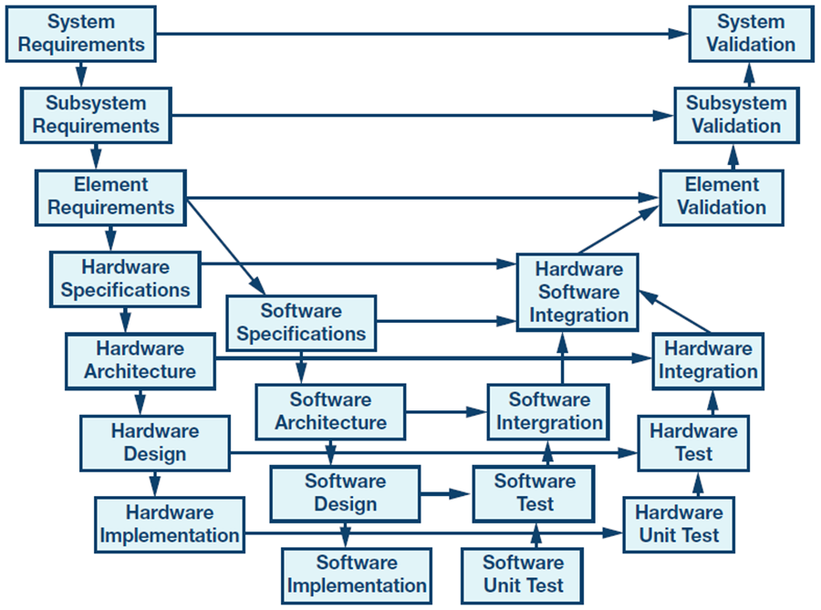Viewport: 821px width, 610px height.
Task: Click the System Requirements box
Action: click(82, 33)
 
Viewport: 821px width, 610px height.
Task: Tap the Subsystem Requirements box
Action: click(95, 114)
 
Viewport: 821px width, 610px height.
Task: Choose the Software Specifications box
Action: click(300, 322)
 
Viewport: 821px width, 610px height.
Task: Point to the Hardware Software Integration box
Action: click(578, 293)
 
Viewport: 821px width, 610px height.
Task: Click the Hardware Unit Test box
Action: click(678, 523)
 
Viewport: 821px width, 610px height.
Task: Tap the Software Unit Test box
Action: click(523, 574)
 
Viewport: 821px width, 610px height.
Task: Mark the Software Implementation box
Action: click(357, 574)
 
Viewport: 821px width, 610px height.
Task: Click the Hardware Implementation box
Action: click(170, 523)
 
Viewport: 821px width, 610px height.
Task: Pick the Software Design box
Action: click(345, 492)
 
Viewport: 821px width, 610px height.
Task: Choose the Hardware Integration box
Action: click(708, 360)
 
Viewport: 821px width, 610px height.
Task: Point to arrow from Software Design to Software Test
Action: click(447, 493)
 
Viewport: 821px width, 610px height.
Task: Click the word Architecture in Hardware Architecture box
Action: click(140, 372)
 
